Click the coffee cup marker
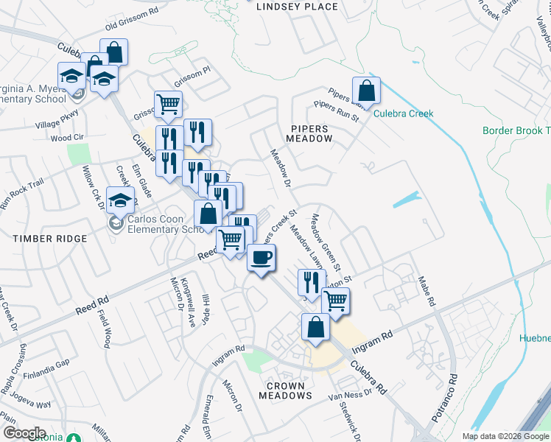coord(261,259)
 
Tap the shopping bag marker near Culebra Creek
coord(366,91)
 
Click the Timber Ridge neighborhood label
coord(49,239)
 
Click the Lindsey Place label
coord(297,7)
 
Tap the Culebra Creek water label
coord(403,113)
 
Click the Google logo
coord(24,433)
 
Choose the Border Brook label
coord(516,130)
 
